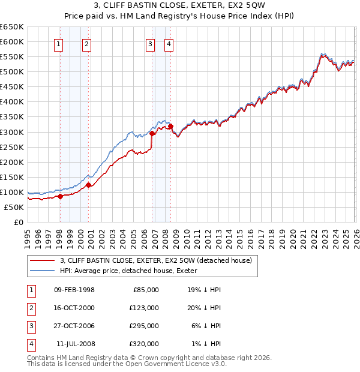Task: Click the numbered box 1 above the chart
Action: [59, 43]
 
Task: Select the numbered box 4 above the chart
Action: [169, 43]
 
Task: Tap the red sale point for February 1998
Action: [60, 196]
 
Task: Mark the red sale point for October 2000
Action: [89, 185]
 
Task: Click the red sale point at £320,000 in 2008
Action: [170, 126]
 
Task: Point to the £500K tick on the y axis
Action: [12, 72]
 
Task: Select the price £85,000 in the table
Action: [145, 289]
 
